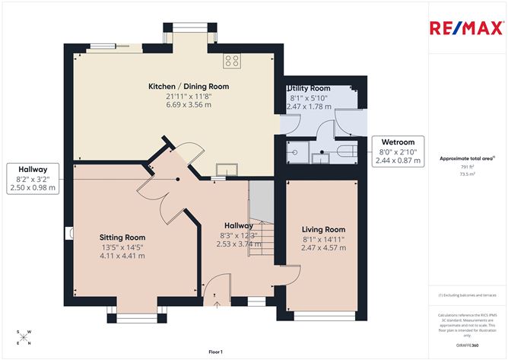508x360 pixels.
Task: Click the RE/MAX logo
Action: point(465,29)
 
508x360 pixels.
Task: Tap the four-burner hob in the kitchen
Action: point(231,61)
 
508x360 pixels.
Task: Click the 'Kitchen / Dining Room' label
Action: point(188,87)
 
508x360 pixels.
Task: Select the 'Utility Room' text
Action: point(308,89)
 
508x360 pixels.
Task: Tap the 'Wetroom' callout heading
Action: point(398,142)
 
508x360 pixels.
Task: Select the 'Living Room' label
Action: point(323,229)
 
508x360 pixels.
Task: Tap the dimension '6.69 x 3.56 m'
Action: point(188,105)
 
